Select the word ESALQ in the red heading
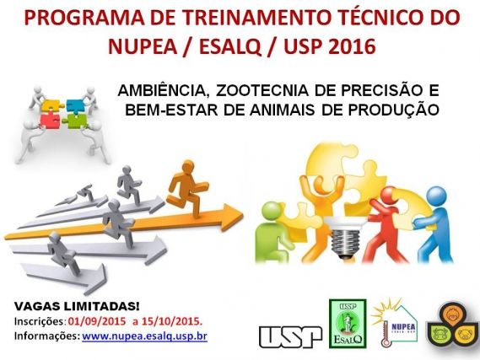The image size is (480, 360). (229, 47)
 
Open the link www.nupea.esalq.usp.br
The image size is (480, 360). (144, 336)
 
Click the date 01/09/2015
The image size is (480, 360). (97, 321)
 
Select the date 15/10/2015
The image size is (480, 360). (174, 321)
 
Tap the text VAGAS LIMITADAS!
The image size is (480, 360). (77, 307)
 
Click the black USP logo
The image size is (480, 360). (290, 336)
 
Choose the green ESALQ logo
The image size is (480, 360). (348, 324)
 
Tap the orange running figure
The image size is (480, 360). (187, 187)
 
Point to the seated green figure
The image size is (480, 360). (272, 233)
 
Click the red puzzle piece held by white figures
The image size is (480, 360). (49, 120)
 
